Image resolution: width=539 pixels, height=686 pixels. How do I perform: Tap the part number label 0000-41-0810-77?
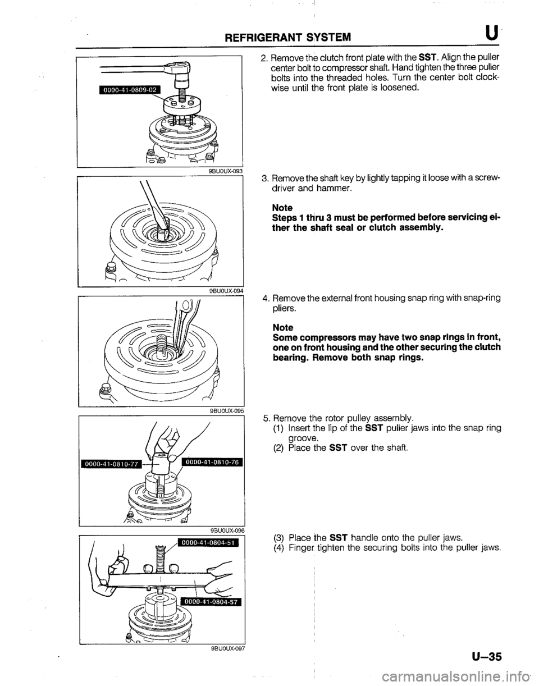tap(112, 463)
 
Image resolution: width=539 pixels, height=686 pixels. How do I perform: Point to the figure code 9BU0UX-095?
tap(221, 410)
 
